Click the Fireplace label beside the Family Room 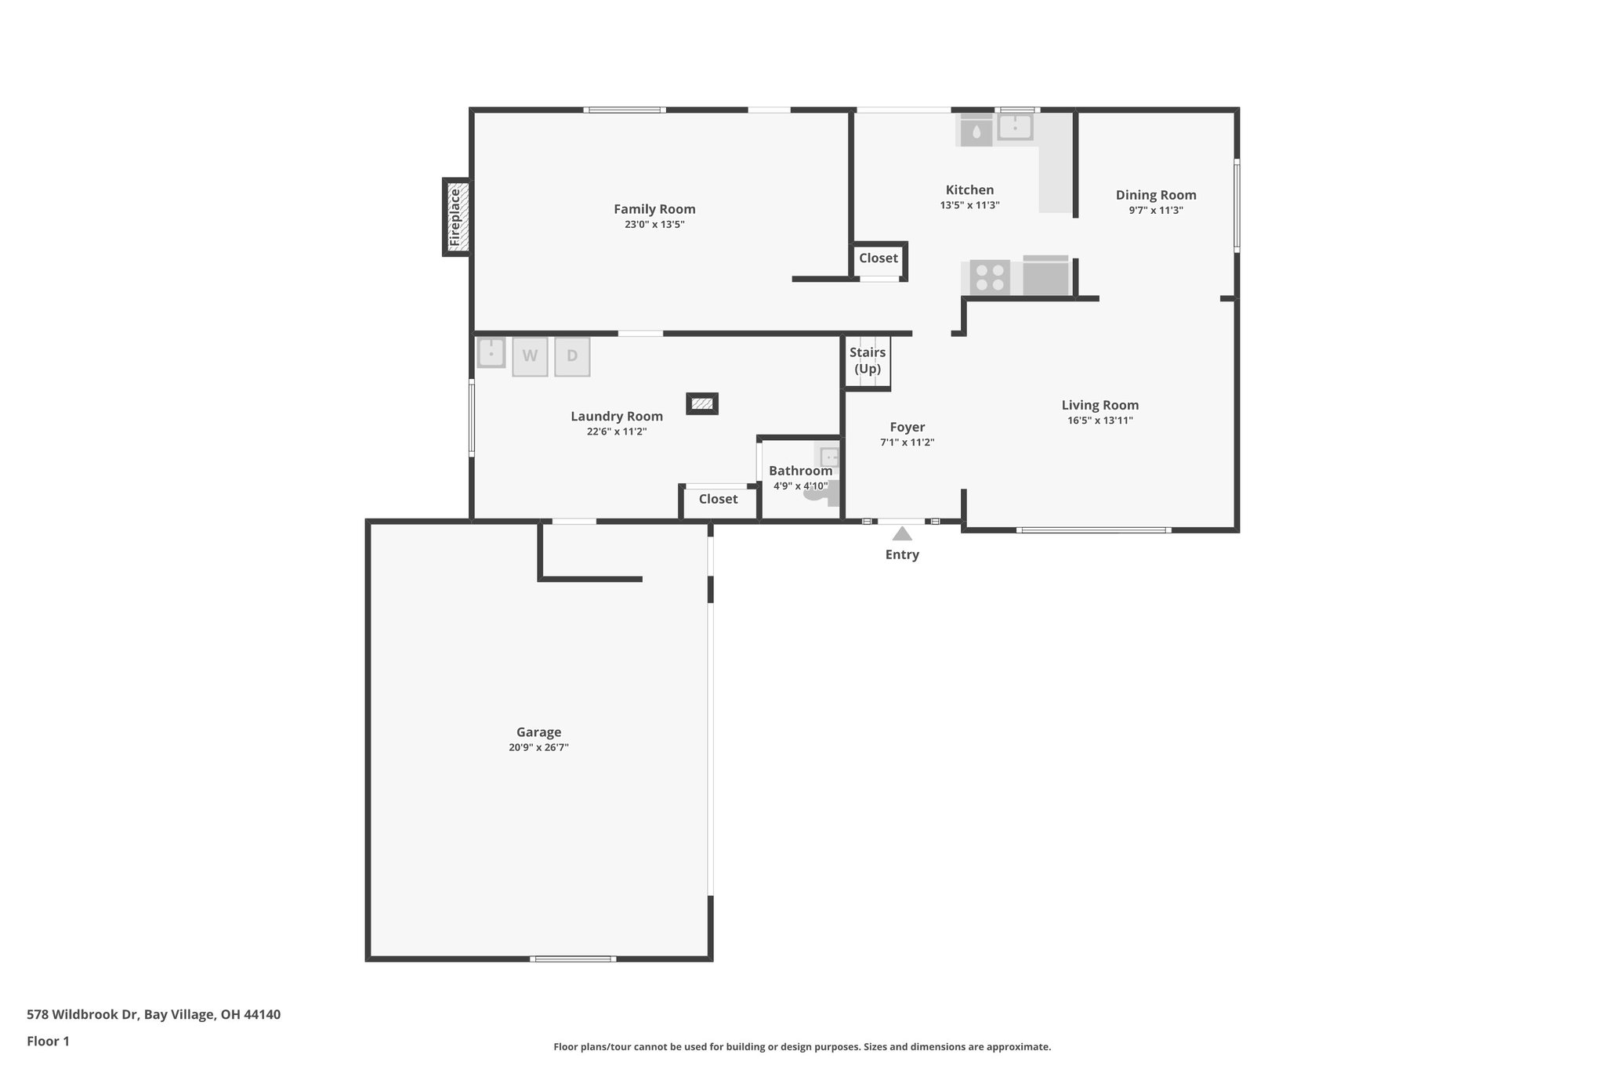coord(455,217)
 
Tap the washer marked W coord(530,356)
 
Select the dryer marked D coord(572,356)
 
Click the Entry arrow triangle coord(902,534)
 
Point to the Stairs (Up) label coord(868,360)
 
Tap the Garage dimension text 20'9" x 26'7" coord(538,748)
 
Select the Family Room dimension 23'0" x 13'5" coord(654,225)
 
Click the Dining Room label coord(1156,195)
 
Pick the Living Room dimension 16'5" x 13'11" coord(1100,421)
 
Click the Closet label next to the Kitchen coord(879,258)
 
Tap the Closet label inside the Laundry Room coord(718,500)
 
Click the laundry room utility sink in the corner coord(491,352)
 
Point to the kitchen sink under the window coord(1015,127)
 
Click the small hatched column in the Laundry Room coord(702,403)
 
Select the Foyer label coord(907,427)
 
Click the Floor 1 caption coord(48,1042)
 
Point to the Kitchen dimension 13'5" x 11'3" coord(969,205)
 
